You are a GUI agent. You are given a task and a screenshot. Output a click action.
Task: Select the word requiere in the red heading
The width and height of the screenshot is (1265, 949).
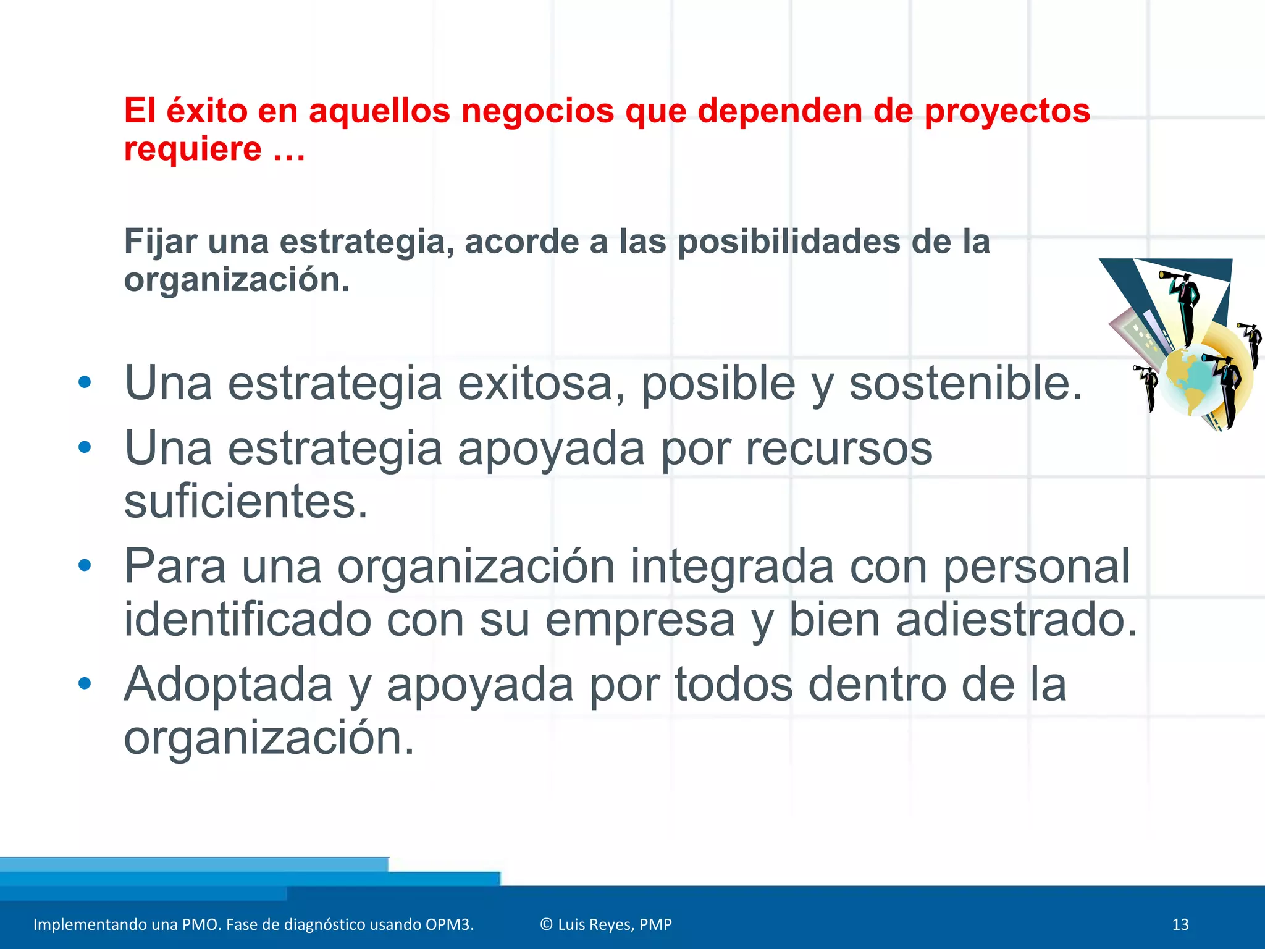coord(193,150)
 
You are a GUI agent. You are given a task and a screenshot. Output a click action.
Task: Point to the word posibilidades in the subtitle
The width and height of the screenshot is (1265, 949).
coord(789,242)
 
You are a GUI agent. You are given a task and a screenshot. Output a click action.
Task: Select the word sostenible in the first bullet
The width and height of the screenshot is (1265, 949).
coord(965,384)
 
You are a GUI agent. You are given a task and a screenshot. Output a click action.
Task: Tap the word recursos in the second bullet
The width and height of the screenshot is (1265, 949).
coord(839,448)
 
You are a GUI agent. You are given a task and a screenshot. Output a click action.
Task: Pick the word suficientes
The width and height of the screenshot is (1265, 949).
coord(246,501)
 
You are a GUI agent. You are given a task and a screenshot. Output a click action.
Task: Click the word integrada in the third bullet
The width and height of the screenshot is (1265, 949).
coord(732,566)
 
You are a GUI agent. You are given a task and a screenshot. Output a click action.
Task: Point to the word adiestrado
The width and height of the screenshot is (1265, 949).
coord(1016,620)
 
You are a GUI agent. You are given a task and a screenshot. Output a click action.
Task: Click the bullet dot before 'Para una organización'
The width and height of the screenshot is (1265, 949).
coord(85,565)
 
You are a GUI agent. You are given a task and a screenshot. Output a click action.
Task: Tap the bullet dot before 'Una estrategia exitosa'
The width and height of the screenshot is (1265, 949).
coord(85,382)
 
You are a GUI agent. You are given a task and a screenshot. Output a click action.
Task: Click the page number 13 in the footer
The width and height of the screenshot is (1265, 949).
coord(1180,924)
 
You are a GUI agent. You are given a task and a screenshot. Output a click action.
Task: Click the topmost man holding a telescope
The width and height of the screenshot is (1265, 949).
coord(1184,303)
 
